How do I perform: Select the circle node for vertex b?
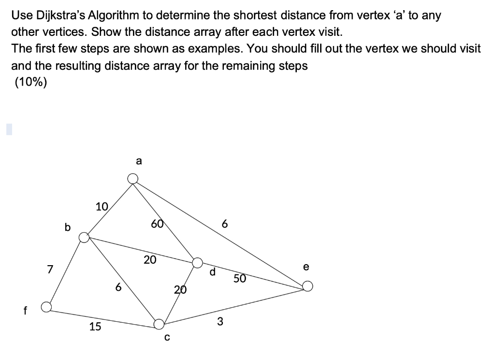tap(84, 237)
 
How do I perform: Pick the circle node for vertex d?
tap(197, 262)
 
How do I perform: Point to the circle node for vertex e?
tap(307, 286)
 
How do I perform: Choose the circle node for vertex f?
tap(46, 307)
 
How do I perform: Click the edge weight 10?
tap(102, 207)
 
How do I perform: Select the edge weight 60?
tap(157, 224)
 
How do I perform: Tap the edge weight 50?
tap(240, 278)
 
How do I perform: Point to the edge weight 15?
tap(95, 327)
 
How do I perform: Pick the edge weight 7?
tap(49, 269)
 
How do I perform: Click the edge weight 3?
tap(220, 321)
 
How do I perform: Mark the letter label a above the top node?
tap(139, 162)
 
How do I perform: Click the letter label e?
tap(306, 267)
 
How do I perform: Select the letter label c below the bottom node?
tap(167, 338)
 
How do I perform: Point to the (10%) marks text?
tap(31, 82)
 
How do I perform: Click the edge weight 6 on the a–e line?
tap(224, 225)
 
